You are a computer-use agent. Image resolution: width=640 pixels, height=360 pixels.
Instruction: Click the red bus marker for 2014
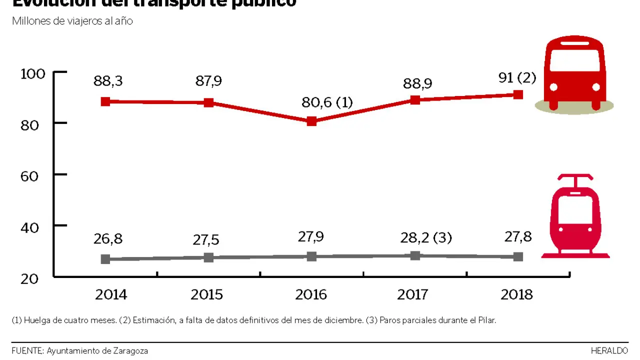click(x=105, y=101)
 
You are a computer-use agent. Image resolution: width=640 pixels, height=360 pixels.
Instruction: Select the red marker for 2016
click(x=311, y=121)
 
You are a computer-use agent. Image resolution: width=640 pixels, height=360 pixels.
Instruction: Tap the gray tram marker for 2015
click(x=208, y=257)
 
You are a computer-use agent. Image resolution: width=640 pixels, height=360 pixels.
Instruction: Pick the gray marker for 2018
click(x=518, y=256)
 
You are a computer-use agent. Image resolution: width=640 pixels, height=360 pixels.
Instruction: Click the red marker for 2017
click(x=415, y=99)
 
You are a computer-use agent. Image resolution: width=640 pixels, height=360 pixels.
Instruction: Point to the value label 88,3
click(x=108, y=81)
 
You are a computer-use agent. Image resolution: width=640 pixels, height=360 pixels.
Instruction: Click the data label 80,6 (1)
click(x=327, y=103)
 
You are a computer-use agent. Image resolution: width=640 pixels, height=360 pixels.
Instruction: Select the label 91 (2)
click(x=517, y=78)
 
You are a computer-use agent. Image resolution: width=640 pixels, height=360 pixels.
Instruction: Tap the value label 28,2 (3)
click(x=425, y=237)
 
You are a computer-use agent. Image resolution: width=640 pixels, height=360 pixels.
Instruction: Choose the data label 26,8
click(x=108, y=239)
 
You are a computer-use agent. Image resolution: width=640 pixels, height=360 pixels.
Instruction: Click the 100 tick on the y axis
click(x=33, y=74)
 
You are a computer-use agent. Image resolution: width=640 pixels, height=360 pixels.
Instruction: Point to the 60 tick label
click(x=30, y=175)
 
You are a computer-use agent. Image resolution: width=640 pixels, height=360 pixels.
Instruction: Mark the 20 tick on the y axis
click(x=30, y=278)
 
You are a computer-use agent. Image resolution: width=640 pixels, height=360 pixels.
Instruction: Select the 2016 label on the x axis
click(x=311, y=295)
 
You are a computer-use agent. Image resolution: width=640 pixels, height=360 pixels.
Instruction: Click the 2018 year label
click(x=516, y=295)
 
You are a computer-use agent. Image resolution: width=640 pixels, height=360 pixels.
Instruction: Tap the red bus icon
click(x=574, y=74)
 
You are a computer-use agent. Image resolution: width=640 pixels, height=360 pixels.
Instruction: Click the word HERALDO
click(x=609, y=351)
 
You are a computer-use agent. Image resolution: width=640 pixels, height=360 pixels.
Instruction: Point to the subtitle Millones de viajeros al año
click(x=72, y=21)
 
